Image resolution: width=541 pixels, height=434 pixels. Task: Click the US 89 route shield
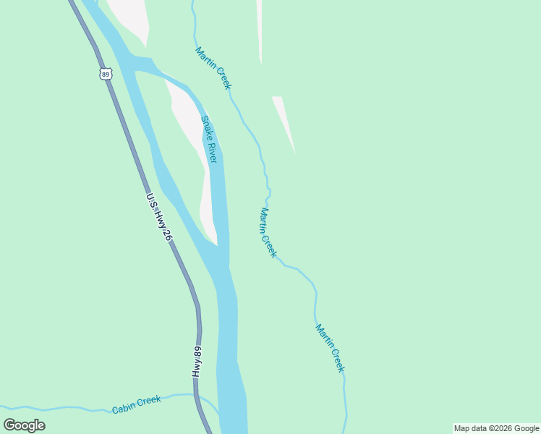pos(106,74)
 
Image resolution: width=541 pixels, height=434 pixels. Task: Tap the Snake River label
pos(209,139)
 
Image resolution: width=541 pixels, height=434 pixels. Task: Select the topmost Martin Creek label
pos(213,69)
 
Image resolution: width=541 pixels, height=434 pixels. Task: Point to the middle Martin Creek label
pos(268,233)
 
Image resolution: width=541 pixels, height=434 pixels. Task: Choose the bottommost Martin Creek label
pos(330,348)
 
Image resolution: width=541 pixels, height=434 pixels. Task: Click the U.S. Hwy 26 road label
pos(159,217)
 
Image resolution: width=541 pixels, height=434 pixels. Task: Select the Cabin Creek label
pos(136,404)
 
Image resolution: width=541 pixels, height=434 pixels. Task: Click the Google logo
pos(24,425)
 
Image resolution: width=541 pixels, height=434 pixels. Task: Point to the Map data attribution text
pos(496,428)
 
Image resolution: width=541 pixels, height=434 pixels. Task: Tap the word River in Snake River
pos(212,151)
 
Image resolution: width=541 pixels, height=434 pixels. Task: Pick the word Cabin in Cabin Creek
pos(124,408)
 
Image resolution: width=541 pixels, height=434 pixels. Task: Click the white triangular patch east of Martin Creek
pos(284,119)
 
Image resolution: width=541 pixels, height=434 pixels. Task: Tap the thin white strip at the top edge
pos(259,29)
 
